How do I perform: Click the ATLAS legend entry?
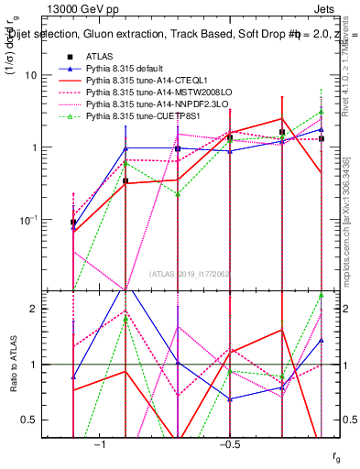100,57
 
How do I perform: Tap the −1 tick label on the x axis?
100,443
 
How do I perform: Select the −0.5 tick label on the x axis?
228,443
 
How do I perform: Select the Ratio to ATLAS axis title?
14,365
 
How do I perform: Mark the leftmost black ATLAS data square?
73,222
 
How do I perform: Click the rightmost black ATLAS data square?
322,138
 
